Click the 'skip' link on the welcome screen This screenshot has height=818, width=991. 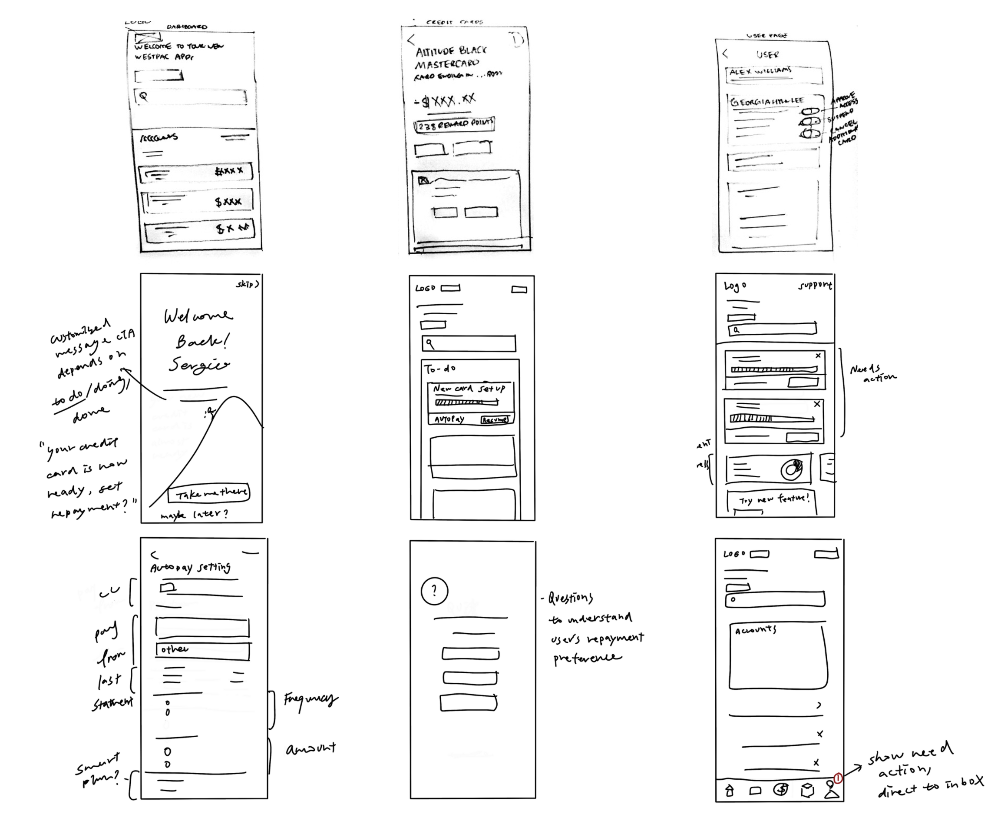point(247,284)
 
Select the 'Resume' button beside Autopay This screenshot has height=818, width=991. point(494,419)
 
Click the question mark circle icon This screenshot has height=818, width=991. point(434,591)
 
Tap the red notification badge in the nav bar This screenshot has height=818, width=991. point(838,778)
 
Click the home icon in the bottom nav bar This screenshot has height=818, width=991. point(729,790)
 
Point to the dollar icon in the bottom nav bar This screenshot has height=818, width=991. point(780,789)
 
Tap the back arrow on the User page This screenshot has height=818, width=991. point(725,54)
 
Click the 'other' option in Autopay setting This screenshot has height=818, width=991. point(202,650)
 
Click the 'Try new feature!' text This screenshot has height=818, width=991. point(774,499)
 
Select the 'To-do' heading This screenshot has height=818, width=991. point(440,369)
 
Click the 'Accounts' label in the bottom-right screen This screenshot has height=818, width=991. point(755,630)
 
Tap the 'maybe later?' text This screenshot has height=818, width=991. point(194,514)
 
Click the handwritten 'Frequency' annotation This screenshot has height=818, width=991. point(311,699)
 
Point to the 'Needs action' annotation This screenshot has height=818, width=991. point(872,373)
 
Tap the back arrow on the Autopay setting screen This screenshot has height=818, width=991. point(154,555)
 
